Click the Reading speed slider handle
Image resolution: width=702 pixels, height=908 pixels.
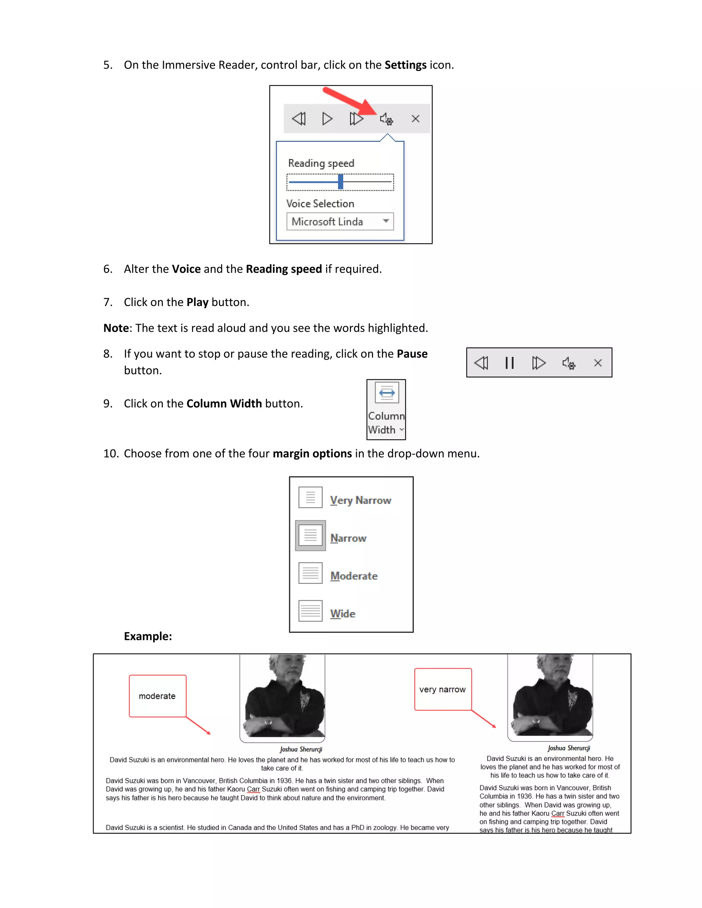(x=341, y=182)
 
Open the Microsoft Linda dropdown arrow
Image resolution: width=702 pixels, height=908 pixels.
(x=386, y=221)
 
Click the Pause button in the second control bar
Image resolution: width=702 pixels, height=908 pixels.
(x=509, y=363)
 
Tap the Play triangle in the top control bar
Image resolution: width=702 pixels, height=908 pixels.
(x=327, y=119)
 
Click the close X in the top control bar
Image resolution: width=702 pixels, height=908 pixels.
(x=415, y=119)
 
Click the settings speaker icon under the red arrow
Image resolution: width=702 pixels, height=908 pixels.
(x=386, y=119)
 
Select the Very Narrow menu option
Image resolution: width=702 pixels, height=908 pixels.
(x=360, y=500)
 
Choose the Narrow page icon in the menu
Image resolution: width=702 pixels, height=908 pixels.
(x=310, y=536)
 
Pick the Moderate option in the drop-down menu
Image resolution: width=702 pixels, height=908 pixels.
(x=353, y=576)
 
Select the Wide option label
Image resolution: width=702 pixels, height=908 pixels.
(x=343, y=614)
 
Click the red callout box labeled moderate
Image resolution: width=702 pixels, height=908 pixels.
(x=158, y=696)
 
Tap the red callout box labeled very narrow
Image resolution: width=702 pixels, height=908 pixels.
(x=443, y=689)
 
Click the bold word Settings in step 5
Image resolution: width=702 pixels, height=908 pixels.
(x=405, y=65)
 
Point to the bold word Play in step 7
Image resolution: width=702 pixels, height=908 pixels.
(x=197, y=302)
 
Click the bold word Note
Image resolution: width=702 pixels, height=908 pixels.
(x=116, y=328)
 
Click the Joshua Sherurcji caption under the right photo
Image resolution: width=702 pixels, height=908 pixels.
(x=569, y=748)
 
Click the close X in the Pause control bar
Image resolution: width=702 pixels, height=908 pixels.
(x=597, y=363)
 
